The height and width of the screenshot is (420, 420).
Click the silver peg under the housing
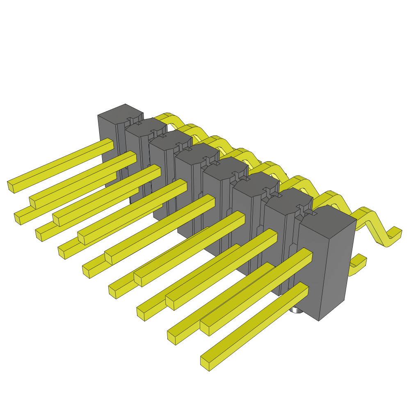click(296, 310)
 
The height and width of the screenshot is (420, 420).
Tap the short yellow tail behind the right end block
click(358, 263)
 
